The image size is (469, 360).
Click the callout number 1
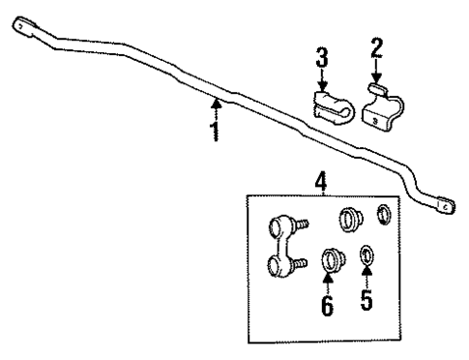215,129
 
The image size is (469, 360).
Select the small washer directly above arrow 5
366,256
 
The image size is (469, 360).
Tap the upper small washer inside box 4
383,215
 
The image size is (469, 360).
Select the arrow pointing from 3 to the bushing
322,84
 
